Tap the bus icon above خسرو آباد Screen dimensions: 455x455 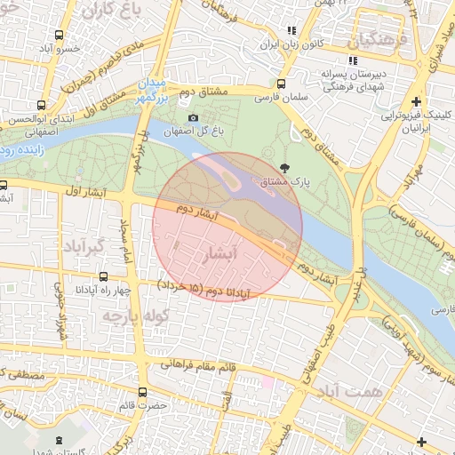pos(59,36)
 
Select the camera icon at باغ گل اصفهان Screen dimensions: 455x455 pos(194,118)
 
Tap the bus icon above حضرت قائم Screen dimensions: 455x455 pos(144,392)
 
